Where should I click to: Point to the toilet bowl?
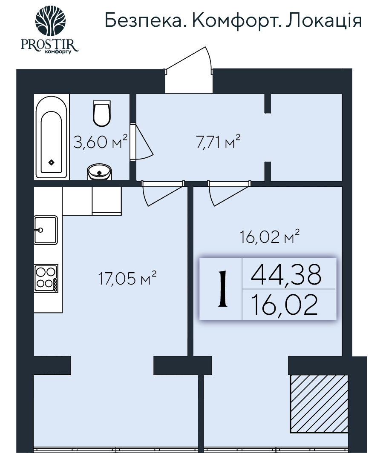pos(101,114)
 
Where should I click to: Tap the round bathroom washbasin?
pos(101,172)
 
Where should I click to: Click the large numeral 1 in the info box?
pos(222,289)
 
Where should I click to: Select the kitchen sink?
pos(46,230)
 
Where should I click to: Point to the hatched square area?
pos(319,403)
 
